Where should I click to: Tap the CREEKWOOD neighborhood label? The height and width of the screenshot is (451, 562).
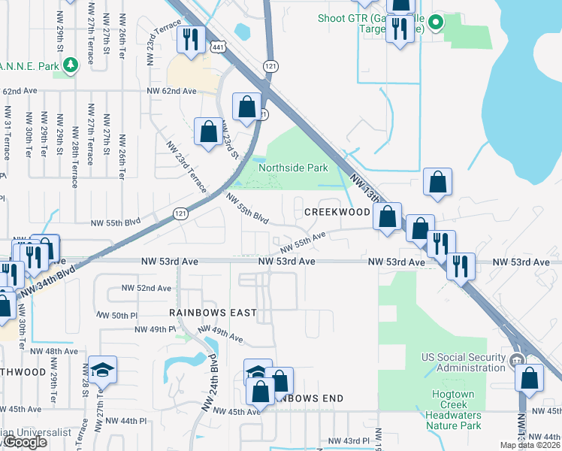[337, 213]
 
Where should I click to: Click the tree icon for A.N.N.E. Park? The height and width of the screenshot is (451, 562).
[71, 65]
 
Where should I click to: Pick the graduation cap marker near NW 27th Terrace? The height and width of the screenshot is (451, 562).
[101, 369]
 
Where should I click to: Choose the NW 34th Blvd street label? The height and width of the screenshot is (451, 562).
[48, 280]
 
